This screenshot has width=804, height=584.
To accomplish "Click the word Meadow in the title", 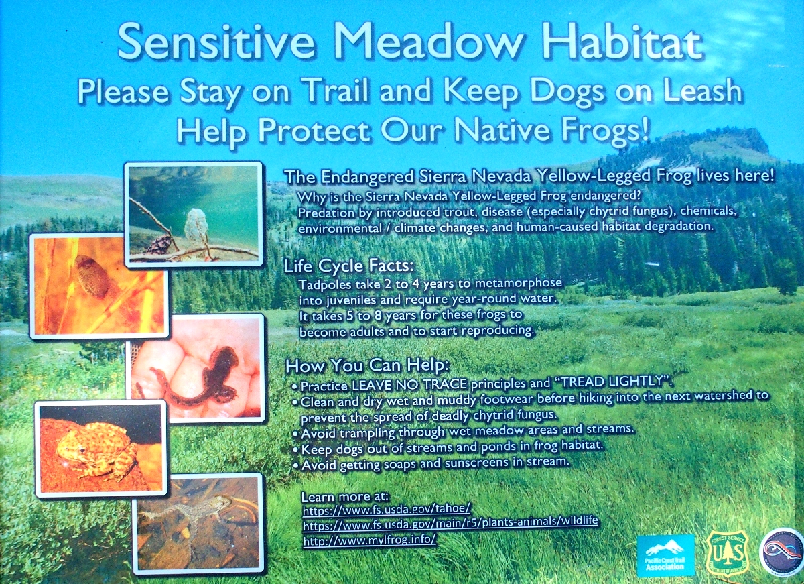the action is (429, 42).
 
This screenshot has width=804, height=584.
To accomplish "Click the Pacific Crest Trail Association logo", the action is (666, 555).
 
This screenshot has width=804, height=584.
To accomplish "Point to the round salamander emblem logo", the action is (781, 551).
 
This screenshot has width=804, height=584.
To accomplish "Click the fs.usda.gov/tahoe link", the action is (386, 509).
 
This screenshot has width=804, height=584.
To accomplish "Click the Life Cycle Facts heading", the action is (348, 266).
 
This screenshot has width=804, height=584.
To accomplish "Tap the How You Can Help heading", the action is (367, 366).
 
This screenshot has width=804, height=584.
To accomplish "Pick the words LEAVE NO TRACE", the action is (409, 385).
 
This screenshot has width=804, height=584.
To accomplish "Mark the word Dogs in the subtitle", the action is (566, 92).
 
